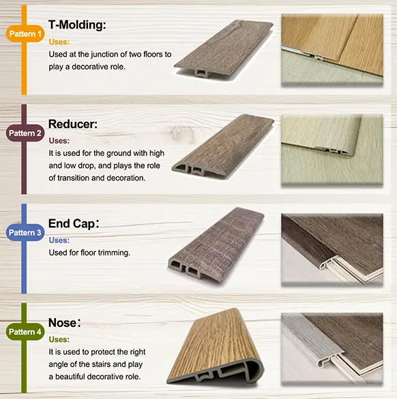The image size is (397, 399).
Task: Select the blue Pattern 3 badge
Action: [x=25, y=232]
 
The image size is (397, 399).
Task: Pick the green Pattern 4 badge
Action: [x=25, y=332]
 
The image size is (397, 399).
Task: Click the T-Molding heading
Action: [x=77, y=25]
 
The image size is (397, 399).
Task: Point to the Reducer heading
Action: [x=73, y=125]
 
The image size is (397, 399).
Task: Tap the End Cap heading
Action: [x=76, y=224]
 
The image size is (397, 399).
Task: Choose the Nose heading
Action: [x=64, y=322]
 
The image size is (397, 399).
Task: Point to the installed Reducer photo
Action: [x=332, y=149]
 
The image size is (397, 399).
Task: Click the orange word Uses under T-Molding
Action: [x=59, y=42]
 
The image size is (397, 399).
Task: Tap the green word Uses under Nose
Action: [x=59, y=339]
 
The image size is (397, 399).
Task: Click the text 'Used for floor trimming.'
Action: [x=89, y=252]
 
